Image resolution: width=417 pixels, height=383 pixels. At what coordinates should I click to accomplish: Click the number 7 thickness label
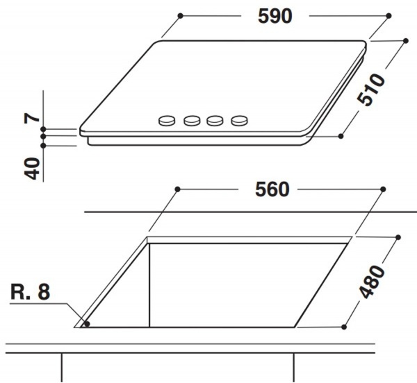[x=31, y=119]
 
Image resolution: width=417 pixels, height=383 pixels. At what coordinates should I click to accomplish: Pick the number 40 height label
[x=31, y=169]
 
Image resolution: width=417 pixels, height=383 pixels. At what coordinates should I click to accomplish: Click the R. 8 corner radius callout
[x=31, y=292]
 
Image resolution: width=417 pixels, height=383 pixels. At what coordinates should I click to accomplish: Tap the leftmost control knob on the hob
[x=167, y=121]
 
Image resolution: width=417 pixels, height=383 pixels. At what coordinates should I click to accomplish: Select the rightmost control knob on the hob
[x=239, y=121]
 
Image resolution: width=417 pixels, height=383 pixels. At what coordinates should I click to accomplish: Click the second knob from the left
[x=192, y=121]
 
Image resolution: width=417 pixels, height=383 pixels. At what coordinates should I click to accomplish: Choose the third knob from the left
[x=215, y=121]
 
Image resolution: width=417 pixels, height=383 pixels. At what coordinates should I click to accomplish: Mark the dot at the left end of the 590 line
[x=181, y=15]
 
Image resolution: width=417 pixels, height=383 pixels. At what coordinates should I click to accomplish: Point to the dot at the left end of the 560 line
[x=178, y=189]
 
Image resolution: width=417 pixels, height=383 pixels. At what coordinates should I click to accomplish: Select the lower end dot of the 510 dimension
[x=341, y=136]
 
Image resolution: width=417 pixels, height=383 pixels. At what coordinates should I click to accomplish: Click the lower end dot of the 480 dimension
[x=345, y=326]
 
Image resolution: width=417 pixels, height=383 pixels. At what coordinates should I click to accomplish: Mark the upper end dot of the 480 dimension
[x=398, y=237]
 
